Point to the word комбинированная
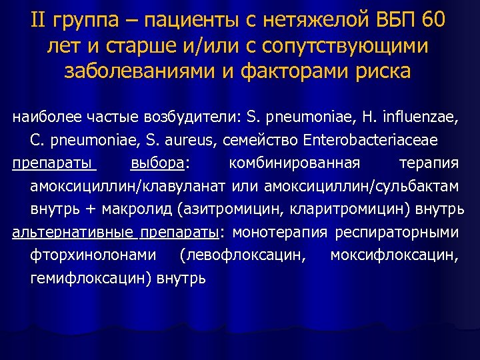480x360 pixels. coord(294,164)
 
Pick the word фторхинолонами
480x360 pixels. coord(94,255)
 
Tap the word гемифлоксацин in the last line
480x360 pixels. coord(90,278)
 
